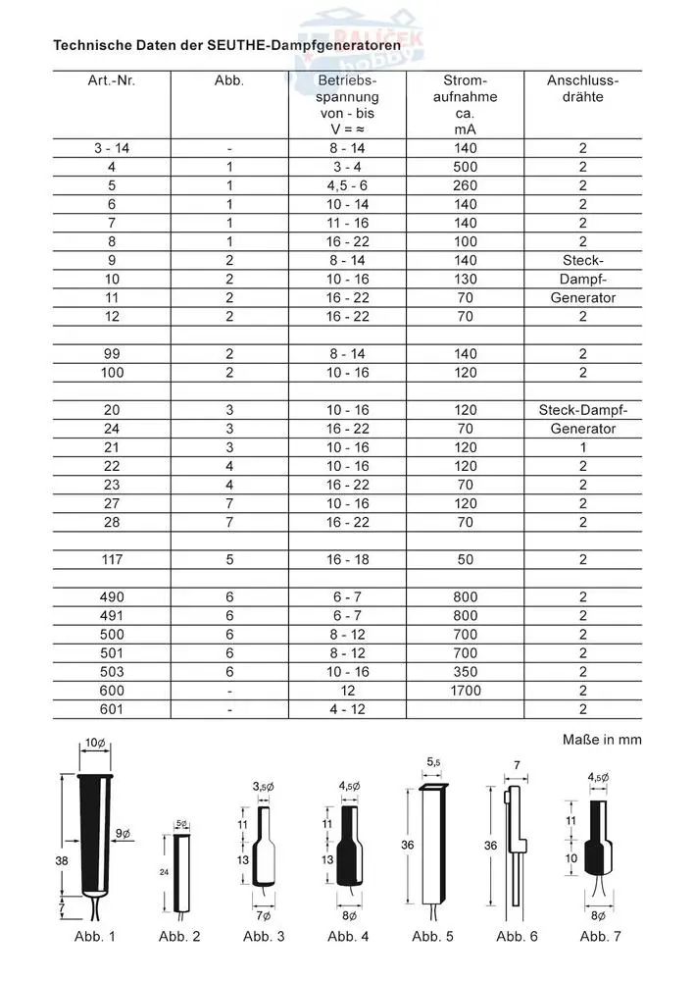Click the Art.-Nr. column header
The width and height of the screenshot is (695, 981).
[x=111, y=79]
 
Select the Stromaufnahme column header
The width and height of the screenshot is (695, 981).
[x=465, y=104]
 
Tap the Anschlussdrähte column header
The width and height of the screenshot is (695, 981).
[x=582, y=88]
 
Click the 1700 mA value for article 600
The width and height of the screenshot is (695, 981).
[x=465, y=690]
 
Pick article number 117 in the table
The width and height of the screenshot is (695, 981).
[x=111, y=559]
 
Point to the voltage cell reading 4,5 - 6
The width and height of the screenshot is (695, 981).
[x=347, y=185]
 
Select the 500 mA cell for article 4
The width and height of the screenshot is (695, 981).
[x=465, y=167]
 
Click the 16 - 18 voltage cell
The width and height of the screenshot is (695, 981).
[x=347, y=559]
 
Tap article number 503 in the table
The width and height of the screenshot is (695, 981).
[x=111, y=671]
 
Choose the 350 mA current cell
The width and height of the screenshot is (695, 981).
[x=465, y=671]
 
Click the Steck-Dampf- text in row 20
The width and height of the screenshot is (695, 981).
[x=582, y=410]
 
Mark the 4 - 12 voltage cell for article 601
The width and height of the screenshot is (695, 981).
[x=347, y=708]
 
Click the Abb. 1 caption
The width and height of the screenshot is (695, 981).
[x=95, y=936]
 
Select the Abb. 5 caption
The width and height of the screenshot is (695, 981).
[x=432, y=936]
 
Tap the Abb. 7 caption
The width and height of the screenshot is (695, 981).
[x=601, y=936]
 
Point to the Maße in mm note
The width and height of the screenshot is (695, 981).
[x=602, y=739]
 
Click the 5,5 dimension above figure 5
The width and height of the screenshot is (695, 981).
[x=433, y=761]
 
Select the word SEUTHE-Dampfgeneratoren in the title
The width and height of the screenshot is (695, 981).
[x=317, y=45]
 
